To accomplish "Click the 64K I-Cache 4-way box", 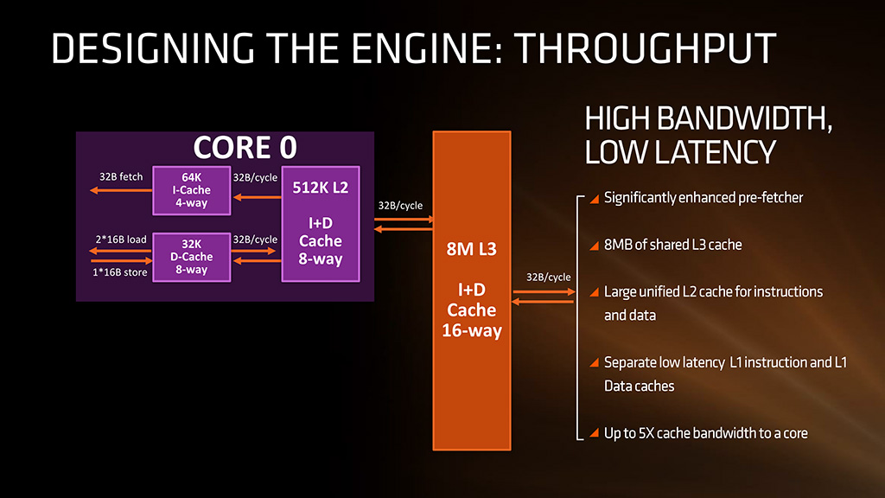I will (191, 190).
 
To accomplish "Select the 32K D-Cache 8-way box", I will (191, 257).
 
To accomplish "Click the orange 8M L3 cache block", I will (472, 290).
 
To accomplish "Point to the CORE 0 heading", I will (245, 147).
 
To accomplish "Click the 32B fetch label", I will (121, 177).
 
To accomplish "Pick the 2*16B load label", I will (120, 239).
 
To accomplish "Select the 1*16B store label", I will (120, 272).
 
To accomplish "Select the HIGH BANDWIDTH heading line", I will (709, 118).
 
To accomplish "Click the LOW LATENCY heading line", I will (679, 152).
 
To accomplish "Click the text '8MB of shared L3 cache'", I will (672, 245).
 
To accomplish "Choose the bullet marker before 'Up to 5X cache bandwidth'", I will (594, 432).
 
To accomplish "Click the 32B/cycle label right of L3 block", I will (548, 277).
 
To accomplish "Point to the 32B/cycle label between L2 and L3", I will (401, 206).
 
